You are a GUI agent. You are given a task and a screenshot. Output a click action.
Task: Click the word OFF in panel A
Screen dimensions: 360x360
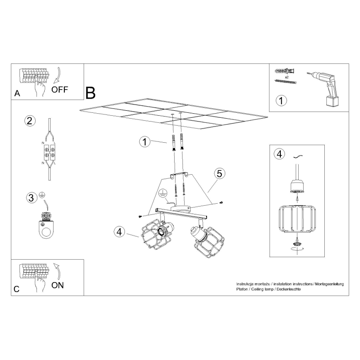60,89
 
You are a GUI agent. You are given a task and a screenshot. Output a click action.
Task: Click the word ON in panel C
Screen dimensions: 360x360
58,285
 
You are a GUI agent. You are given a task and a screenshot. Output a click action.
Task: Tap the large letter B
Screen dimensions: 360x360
90,93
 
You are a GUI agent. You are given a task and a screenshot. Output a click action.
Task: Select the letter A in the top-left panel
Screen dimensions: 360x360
17,93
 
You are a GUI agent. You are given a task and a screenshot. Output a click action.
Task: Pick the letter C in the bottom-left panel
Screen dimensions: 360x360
17,289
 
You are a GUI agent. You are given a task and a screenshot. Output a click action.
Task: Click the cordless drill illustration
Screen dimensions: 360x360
328,88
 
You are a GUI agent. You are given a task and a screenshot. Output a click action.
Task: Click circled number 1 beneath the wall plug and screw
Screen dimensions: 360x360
282,100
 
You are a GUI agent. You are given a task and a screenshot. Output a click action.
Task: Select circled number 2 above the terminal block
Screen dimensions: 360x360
29,121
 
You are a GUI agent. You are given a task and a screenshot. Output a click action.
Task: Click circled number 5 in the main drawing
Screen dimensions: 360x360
219,173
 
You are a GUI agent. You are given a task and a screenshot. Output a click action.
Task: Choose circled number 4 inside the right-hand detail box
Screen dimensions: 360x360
279,154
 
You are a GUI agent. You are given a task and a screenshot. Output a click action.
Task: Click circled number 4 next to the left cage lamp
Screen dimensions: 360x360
119,232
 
